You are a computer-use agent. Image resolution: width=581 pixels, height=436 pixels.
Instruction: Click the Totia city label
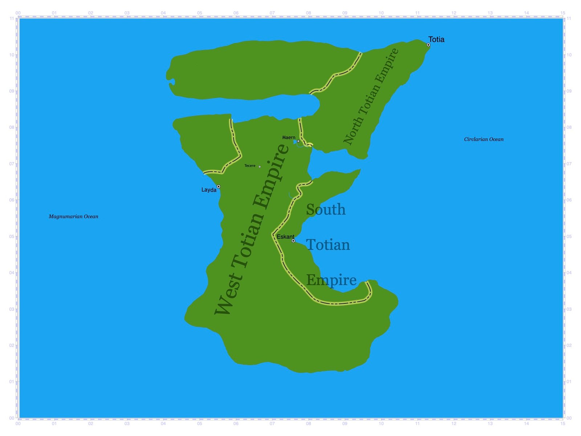[436, 39]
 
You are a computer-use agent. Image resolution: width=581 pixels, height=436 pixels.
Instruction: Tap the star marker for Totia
[428, 45]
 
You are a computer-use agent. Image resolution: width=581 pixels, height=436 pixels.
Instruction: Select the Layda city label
[209, 190]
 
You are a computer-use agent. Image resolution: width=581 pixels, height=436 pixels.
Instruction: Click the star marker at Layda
[219, 187]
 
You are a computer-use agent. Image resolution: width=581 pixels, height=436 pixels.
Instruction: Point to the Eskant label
[285, 237]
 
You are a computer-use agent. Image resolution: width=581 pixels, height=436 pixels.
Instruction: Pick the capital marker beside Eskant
[293, 241]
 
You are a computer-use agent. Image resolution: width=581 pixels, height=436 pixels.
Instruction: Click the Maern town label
[289, 137]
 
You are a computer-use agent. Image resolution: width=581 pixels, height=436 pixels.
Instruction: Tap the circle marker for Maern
[298, 141]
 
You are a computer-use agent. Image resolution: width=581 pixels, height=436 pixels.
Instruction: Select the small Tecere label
[250, 166]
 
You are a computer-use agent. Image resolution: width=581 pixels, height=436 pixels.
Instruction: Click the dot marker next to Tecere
[260, 167]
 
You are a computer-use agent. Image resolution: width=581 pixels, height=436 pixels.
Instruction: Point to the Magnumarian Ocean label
[73, 217]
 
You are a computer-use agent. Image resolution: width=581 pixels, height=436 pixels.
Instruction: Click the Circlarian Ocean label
[484, 139]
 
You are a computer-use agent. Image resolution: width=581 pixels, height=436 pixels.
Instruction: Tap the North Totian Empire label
[371, 96]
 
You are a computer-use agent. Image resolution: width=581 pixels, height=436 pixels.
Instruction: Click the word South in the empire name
[326, 210]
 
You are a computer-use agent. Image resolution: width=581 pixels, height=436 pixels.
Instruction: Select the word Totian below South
[328, 245]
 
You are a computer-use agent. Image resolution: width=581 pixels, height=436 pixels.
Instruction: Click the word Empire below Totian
[331, 280]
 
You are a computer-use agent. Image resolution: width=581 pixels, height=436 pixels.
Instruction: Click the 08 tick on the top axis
[308, 13]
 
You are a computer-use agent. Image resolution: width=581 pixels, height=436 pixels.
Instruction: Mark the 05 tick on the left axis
[12, 237]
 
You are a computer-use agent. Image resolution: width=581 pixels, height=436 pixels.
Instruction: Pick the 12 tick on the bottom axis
[454, 423]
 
